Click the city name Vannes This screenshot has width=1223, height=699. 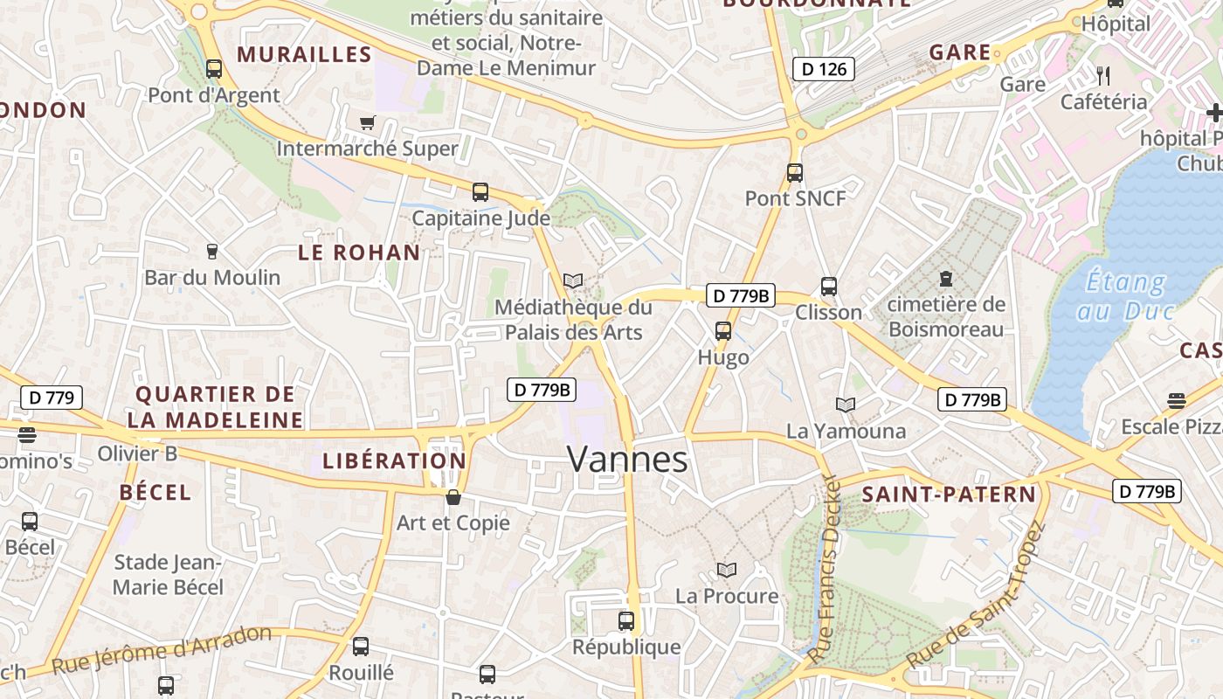click(627, 459)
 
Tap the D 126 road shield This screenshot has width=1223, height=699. click(823, 68)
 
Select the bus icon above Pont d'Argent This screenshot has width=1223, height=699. click(214, 68)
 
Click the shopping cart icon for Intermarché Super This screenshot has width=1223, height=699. click(367, 122)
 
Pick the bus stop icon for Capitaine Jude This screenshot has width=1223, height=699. click(480, 191)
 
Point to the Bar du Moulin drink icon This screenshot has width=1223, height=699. click(211, 252)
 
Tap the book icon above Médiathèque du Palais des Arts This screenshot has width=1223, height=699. click(573, 280)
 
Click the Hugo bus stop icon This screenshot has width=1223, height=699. click(723, 330)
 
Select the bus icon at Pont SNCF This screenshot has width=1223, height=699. click(794, 172)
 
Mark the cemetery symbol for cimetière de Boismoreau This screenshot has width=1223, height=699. click(945, 279)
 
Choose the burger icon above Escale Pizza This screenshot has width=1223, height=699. click(1176, 401)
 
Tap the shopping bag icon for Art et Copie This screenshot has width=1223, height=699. click(453, 497)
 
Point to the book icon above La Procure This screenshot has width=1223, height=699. click(727, 570)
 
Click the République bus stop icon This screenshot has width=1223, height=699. click(626, 620)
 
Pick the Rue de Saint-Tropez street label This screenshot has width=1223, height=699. click(976, 595)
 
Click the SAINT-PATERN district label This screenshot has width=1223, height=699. click(949, 495)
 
